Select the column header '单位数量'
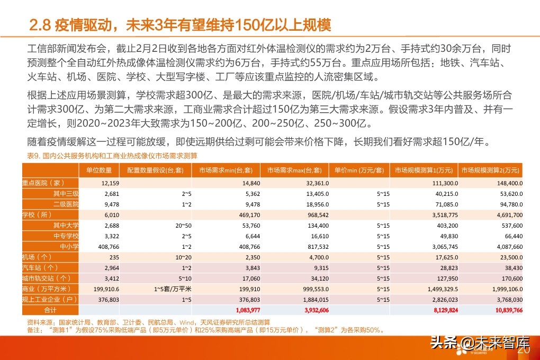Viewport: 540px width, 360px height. pyautogui.click(x=98, y=170)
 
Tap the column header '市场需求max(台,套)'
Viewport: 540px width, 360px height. pyautogui.click(x=294, y=170)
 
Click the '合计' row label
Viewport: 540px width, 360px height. pyautogui.click(x=50, y=310)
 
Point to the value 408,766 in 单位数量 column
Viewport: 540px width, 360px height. pyautogui.click(x=106, y=246)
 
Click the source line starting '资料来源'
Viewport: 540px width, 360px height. pyautogui.click(x=148, y=322)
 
